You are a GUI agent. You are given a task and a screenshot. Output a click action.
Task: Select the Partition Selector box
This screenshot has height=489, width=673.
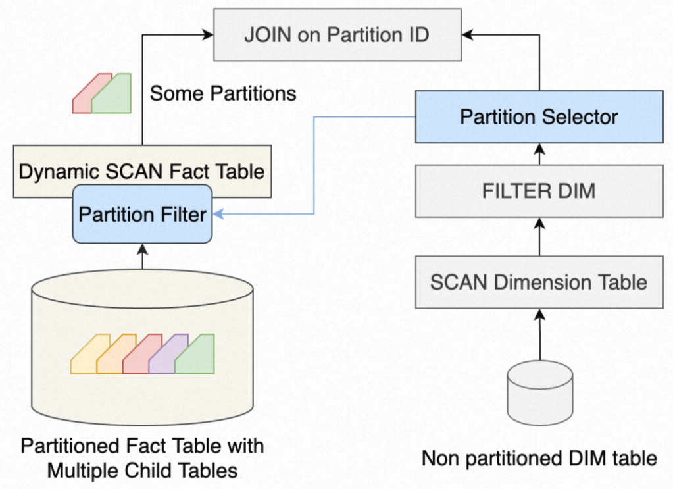539,117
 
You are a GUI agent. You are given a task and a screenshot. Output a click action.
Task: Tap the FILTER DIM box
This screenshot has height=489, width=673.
539,191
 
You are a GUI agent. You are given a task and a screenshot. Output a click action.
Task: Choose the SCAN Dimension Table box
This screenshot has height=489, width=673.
539,282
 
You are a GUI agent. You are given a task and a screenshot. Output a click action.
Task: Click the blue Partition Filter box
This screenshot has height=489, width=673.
142,214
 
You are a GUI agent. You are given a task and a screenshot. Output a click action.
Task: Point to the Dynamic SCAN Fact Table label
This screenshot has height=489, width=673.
142,172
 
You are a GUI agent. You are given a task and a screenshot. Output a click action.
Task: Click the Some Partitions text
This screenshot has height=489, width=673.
223,93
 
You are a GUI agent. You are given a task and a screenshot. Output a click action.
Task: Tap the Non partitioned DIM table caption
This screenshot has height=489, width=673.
539,458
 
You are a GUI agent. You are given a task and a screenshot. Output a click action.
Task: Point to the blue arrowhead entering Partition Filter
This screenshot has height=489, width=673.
219,214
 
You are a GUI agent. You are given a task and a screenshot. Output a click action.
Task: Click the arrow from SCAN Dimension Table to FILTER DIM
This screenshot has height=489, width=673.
539,236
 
